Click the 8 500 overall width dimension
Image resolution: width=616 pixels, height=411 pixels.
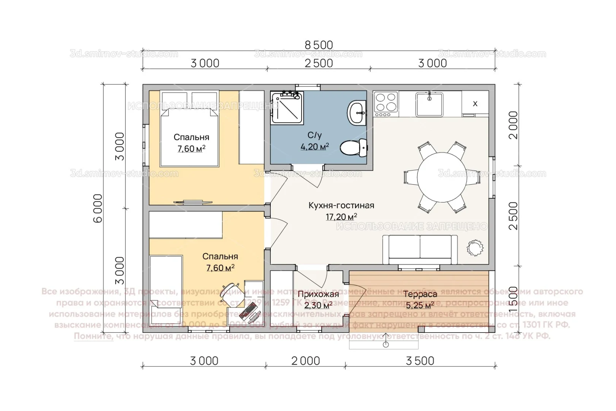point(319,45)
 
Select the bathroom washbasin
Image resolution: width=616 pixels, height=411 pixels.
point(357,113)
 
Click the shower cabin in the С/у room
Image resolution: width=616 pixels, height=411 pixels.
point(287,107)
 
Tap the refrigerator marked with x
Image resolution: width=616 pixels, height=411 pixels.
point(475,103)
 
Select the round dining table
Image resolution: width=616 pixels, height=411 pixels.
point(441,177)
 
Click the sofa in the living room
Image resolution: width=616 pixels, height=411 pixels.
point(420,250)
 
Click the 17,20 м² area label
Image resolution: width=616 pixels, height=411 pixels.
point(341,217)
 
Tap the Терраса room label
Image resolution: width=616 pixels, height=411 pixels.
point(420,294)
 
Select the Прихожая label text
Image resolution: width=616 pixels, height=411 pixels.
point(318,294)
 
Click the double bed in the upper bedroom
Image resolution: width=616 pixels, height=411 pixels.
point(189,129)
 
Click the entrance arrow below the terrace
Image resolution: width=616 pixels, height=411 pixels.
point(386,340)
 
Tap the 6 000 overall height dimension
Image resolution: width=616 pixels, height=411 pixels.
point(98,208)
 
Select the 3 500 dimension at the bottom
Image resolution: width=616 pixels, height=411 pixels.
point(420,361)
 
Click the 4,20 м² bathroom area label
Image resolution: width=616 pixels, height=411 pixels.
point(314,147)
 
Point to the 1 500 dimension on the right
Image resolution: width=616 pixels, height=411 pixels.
point(513,299)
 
